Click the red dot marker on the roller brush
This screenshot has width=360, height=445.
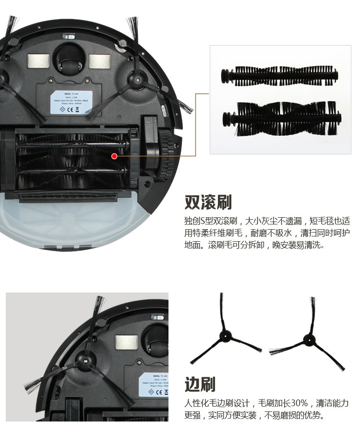(114, 155)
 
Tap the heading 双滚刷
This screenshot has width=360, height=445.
(208, 202)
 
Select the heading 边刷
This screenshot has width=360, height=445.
(200, 384)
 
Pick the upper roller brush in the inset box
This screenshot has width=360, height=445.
(279, 76)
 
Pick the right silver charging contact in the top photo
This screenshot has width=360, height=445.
(99, 60)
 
